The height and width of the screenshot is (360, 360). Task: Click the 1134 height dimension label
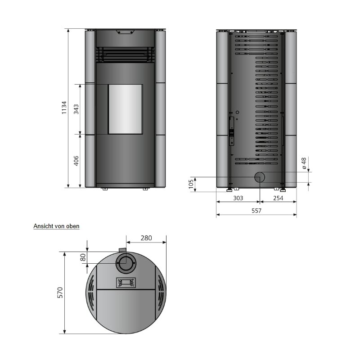point(64,108)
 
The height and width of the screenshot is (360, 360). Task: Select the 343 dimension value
point(76,109)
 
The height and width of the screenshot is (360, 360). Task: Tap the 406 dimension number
point(76,161)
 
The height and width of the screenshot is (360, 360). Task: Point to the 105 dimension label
point(191,184)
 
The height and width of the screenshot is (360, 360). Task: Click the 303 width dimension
point(238,198)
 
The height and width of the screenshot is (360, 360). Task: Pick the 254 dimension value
point(278,198)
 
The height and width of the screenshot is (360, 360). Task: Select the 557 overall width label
point(256,211)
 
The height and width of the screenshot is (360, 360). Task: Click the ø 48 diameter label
point(304,163)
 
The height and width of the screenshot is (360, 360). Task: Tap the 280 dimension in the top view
point(146,238)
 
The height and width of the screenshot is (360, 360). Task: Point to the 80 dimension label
point(83,257)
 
